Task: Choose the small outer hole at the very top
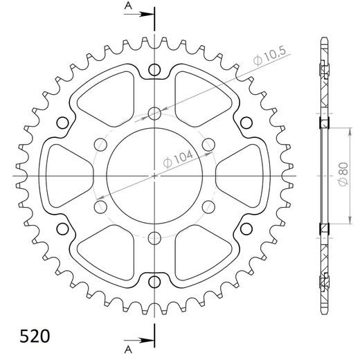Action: click(154, 70)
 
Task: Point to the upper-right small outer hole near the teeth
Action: click(245, 123)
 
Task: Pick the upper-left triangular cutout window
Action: click(109, 101)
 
